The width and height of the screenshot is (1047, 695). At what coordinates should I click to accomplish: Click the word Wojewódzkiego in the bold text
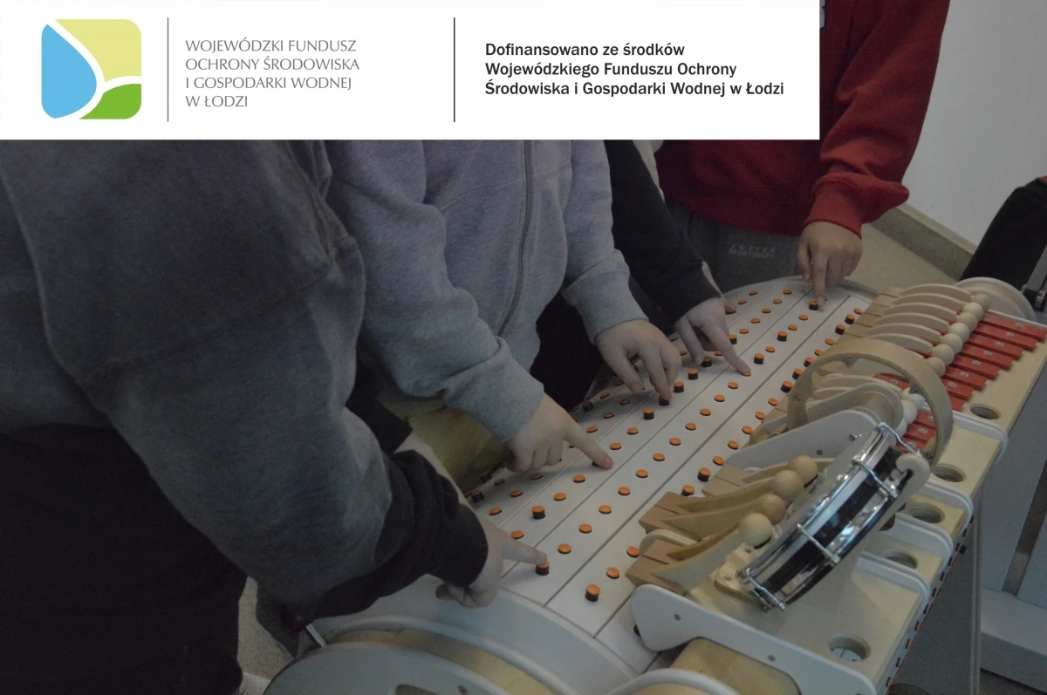point(542,69)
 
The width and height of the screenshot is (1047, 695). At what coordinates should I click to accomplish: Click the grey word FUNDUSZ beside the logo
point(322,45)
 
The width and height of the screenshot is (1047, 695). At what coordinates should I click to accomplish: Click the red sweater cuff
point(856,206)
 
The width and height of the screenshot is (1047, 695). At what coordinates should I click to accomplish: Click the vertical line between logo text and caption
point(455,70)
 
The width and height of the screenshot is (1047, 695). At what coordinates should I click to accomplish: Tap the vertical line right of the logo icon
point(168,70)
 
